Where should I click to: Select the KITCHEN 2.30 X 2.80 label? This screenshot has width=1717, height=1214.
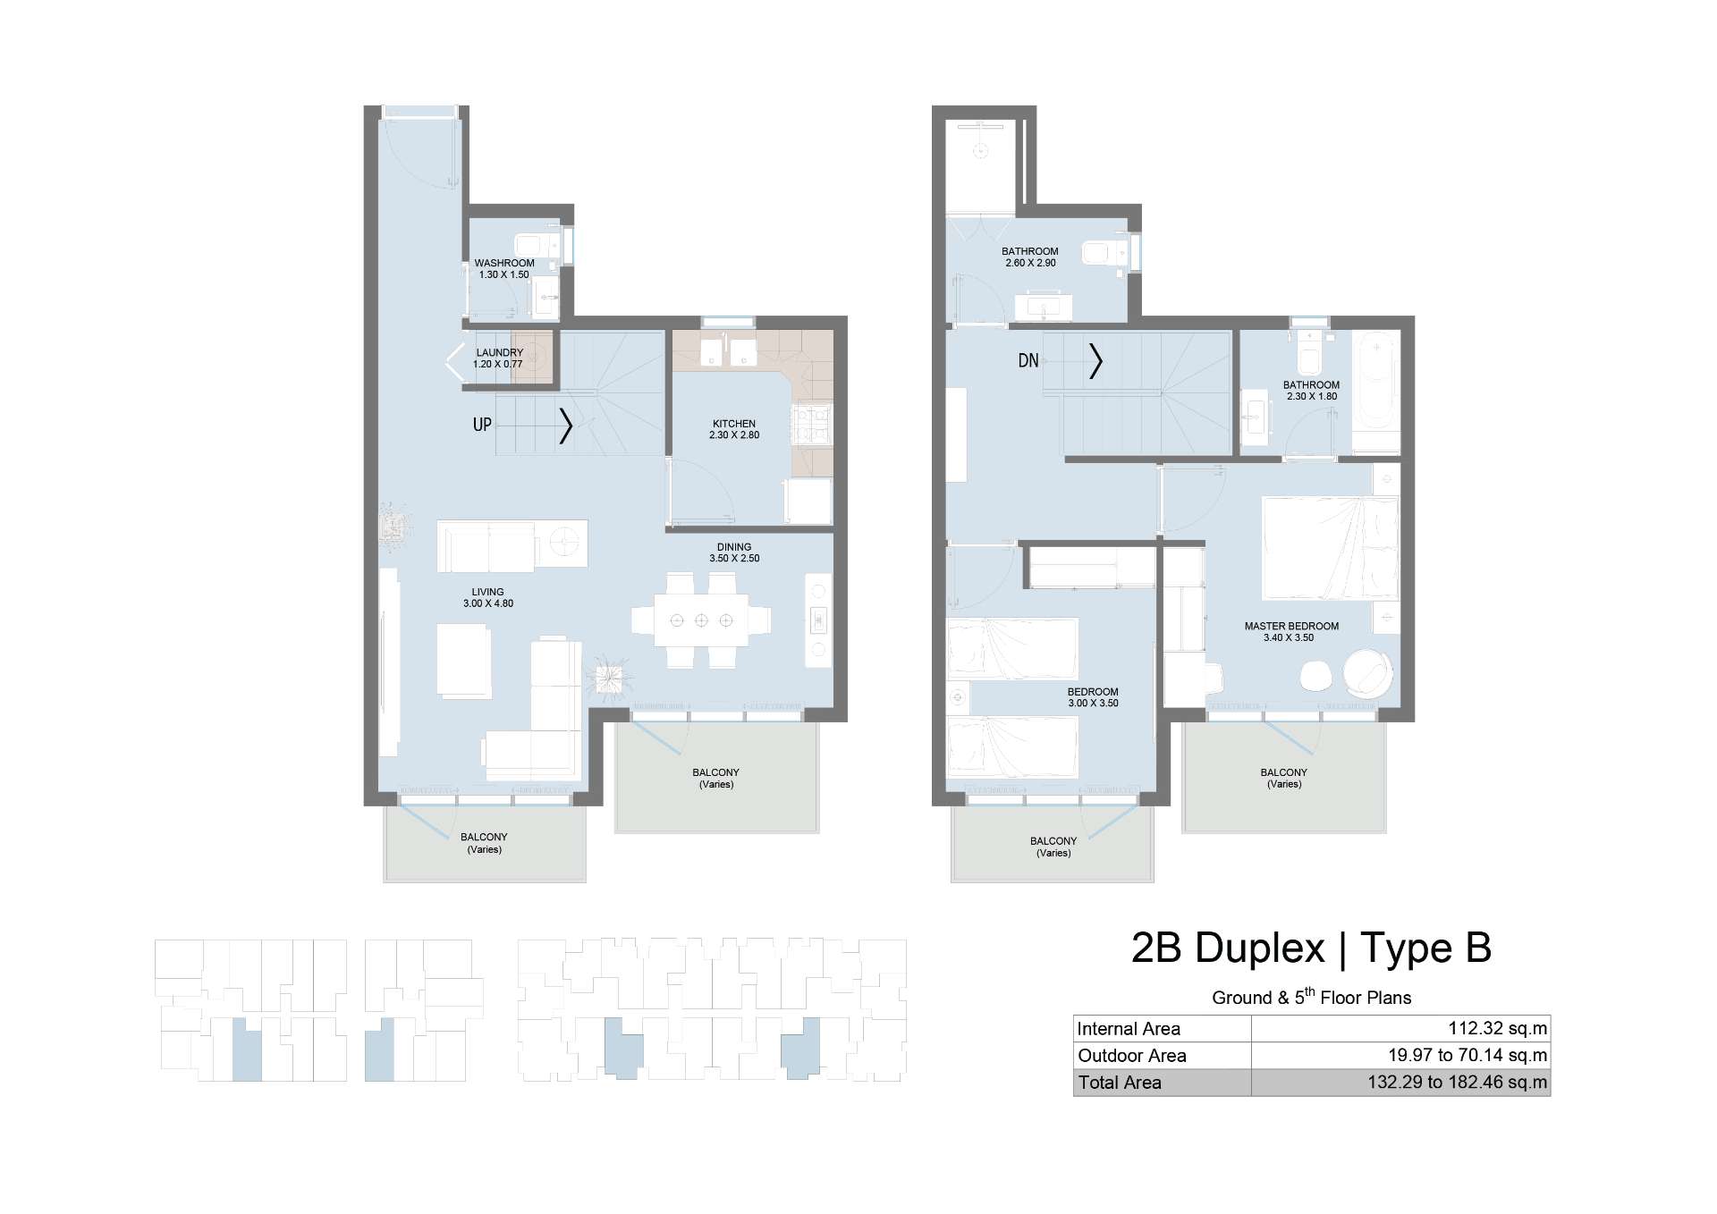[x=734, y=429]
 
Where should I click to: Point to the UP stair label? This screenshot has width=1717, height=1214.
[x=482, y=425]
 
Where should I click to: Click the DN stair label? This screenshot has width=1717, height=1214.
[x=1028, y=360]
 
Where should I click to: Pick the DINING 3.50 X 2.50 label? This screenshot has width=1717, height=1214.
[x=734, y=552]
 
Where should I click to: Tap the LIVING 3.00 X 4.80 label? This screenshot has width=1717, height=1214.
[x=488, y=597]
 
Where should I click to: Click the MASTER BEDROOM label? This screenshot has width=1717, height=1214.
[x=1291, y=627]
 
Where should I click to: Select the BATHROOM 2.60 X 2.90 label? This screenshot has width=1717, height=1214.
[x=1030, y=257]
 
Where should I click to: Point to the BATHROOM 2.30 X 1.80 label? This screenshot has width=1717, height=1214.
[x=1311, y=391]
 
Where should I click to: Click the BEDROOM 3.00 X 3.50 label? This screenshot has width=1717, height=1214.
[x=1093, y=697]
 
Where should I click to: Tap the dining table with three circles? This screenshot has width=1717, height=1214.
[x=701, y=620]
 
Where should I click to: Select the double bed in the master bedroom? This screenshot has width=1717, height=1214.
[x=1330, y=548]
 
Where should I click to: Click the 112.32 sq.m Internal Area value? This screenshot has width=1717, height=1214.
[x=1497, y=1028]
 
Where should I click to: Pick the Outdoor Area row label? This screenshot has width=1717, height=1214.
[x=1131, y=1056]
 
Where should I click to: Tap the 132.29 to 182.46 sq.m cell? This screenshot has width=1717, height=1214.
[x=1457, y=1083]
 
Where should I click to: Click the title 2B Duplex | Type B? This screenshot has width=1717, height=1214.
[x=1311, y=948]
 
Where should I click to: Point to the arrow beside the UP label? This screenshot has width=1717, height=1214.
[x=566, y=426]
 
